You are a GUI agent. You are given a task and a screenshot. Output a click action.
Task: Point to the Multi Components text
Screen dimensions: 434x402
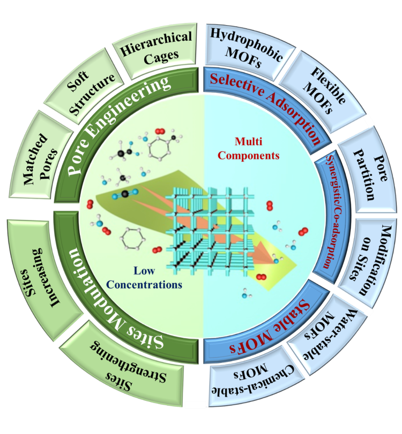tap(257, 148)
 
